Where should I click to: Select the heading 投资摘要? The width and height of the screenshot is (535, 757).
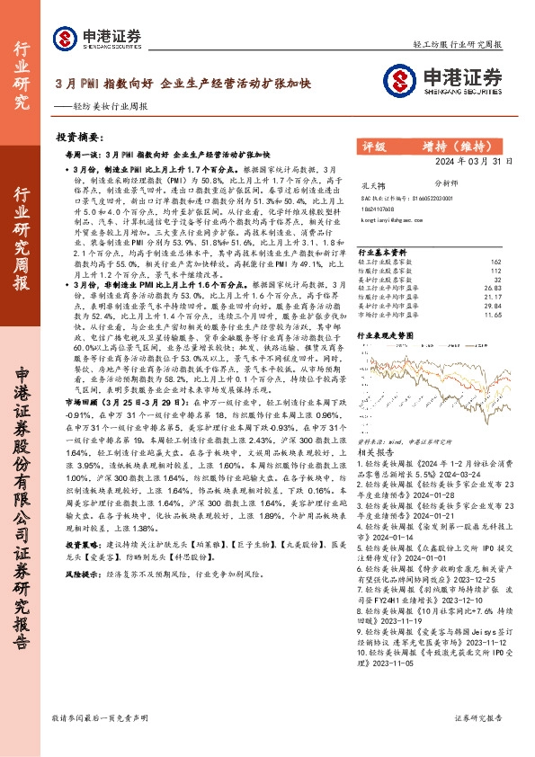point(76,138)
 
